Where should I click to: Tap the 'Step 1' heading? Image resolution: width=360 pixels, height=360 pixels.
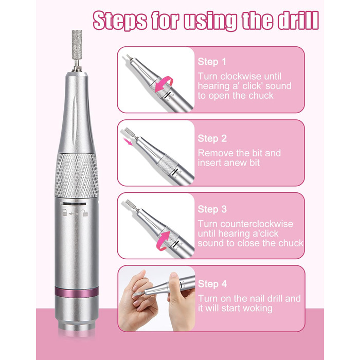pyautogui.click(x=212, y=62)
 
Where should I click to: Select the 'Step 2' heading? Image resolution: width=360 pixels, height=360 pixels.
pyautogui.click(x=212, y=138)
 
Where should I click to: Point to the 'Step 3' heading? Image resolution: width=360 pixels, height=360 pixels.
pyautogui.click(x=212, y=209)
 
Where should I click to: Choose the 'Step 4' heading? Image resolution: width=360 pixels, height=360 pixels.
pyautogui.click(x=212, y=284)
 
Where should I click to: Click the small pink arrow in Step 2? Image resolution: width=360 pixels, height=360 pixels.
pyautogui.click(x=128, y=141)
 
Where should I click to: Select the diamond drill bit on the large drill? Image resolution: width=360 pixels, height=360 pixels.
pyautogui.click(x=77, y=45)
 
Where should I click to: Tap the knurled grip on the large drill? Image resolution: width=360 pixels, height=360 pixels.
pyautogui.click(x=77, y=175)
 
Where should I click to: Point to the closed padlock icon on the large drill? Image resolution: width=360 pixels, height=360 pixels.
pyautogui.click(x=65, y=212)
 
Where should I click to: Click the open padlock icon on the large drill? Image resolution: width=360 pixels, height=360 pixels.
pyautogui.click(x=84, y=213)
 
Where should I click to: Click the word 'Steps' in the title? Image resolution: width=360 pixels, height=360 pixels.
pyautogui.click(x=120, y=21)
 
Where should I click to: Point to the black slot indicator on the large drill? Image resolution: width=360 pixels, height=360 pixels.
pyautogui.click(x=75, y=204)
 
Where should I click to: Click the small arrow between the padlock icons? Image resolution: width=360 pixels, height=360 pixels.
pyautogui.click(x=74, y=214)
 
